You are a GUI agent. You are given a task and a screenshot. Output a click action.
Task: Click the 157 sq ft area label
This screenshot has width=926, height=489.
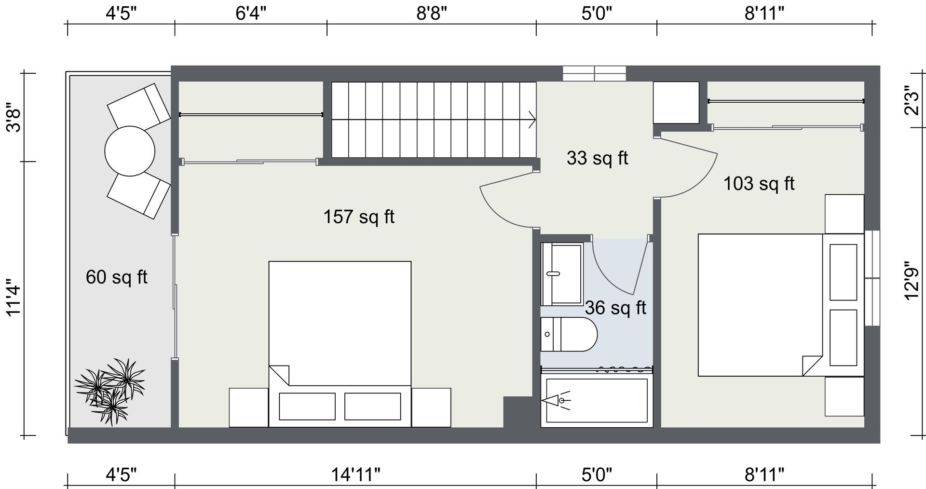click(x=359, y=217)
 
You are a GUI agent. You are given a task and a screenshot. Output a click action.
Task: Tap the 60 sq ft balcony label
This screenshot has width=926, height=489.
click(x=116, y=277)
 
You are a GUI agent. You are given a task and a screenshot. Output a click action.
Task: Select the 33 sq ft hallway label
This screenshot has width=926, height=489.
click(x=597, y=158)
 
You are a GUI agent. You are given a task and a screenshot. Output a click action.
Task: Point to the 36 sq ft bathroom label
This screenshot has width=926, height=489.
click(x=615, y=307)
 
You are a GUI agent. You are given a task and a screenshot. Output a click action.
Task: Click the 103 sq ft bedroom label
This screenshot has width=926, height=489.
click(x=759, y=183)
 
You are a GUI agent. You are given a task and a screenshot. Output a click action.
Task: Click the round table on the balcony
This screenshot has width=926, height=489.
click(x=130, y=151)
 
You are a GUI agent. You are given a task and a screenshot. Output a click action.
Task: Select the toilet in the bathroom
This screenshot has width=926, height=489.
click(x=569, y=334)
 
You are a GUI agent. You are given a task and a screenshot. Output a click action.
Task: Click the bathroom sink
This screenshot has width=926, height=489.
click(x=562, y=274)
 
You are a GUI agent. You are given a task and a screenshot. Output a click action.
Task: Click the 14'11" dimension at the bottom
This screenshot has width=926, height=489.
click(x=355, y=475)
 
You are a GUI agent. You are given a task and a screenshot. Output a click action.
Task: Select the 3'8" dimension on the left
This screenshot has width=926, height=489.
click(x=13, y=118)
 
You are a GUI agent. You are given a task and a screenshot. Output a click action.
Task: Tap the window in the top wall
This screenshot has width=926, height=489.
click(x=594, y=73)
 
